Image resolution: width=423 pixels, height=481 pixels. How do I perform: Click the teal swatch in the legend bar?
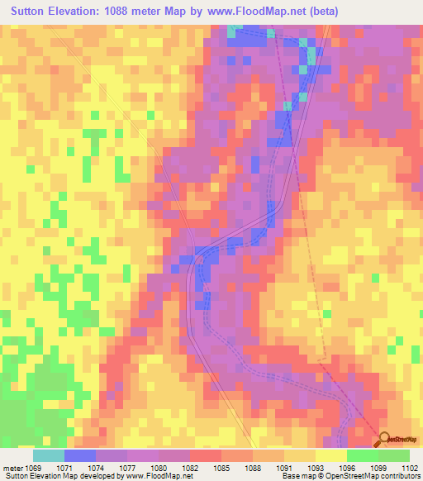pyautogui.click(x=49, y=455)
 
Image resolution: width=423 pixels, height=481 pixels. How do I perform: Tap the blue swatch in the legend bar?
pyautogui.click(x=80, y=455)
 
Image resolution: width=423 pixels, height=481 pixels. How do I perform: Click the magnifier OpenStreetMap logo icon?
pyautogui.click(x=384, y=439)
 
